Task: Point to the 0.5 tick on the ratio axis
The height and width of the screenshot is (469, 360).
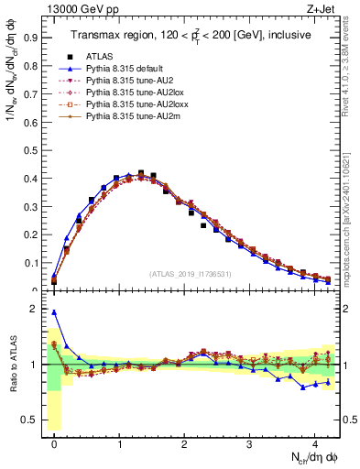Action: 30,420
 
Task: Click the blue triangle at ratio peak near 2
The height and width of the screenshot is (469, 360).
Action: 54,312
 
